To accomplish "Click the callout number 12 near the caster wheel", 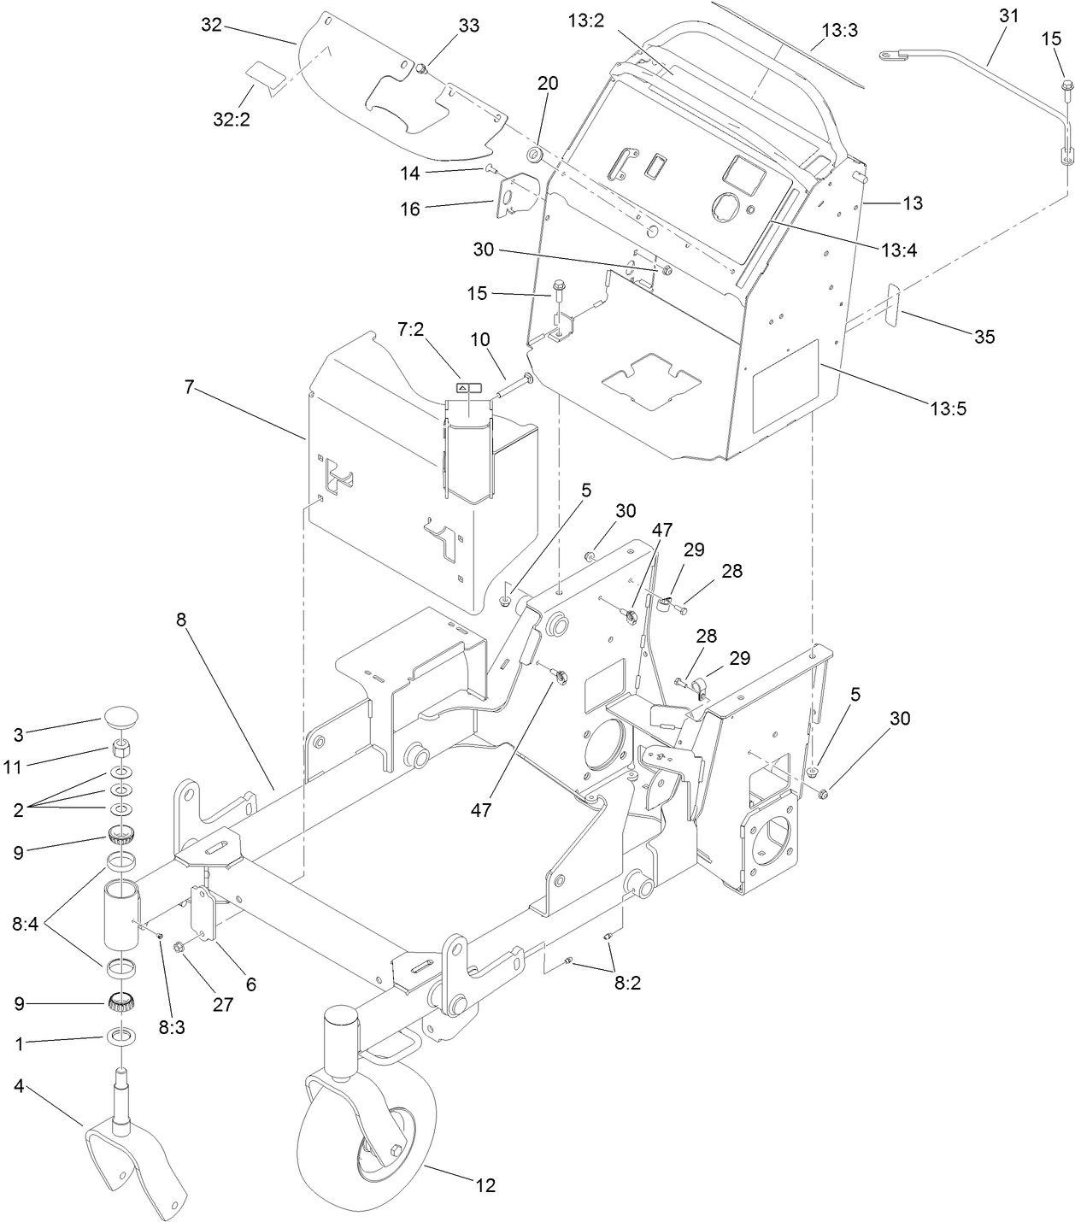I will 485,1185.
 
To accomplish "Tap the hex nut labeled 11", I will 121,749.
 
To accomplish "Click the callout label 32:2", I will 232,120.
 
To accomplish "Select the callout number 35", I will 984,337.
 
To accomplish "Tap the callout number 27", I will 223,1004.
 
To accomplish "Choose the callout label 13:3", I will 839,31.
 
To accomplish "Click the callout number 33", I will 468,26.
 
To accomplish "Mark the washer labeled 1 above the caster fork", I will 121,1037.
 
